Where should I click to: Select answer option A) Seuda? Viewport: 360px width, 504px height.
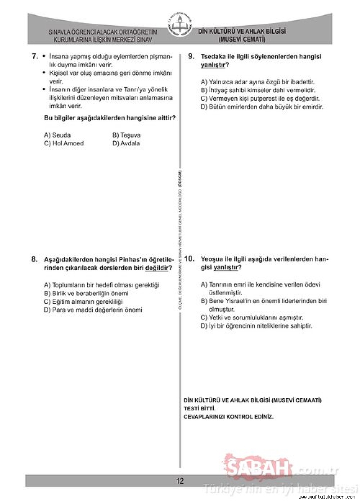(57, 135)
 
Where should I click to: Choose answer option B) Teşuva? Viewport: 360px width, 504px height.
(126, 135)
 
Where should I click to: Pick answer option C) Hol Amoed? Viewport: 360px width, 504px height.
(63, 143)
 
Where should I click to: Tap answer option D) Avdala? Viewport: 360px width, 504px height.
(126, 143)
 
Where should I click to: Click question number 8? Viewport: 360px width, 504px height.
(35, 259)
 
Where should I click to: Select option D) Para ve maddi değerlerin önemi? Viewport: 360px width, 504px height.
(93, 310)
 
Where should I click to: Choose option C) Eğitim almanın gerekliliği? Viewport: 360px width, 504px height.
(83, 301)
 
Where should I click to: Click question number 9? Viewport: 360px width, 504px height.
(191, 56)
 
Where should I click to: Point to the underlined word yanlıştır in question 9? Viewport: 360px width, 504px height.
(213, 65)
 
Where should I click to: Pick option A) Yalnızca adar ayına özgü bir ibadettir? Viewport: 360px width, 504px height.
(257, 82)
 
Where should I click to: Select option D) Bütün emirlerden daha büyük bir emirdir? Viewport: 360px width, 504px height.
(262, 107)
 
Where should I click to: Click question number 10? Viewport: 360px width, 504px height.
(189, 259)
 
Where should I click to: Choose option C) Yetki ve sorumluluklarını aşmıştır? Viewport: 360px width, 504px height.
(252, 317)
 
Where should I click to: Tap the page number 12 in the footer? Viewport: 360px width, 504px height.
(180, 481)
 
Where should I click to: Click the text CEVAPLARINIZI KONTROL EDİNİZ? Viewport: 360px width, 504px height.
(229, 417)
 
